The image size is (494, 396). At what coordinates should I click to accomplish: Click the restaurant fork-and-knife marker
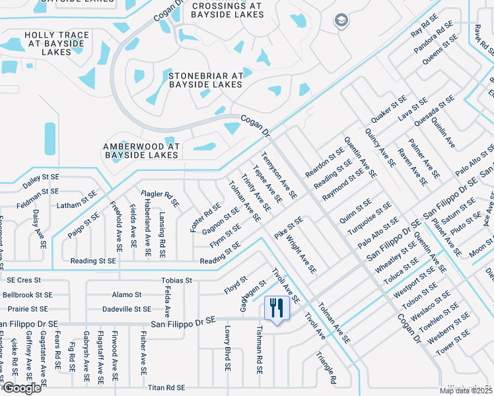point(274,308)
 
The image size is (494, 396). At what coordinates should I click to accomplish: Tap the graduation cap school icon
point(340,20)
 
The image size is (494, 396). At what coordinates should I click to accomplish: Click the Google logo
point(22,388)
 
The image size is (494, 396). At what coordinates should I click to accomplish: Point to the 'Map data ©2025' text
point(465,391)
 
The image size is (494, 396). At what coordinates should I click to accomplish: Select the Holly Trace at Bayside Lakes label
point(57,43)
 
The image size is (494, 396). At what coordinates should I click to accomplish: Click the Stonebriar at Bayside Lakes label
point(206,80)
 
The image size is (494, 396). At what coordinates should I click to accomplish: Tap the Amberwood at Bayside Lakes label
point(141,150)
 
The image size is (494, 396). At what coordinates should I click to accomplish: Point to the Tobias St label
point(176,280)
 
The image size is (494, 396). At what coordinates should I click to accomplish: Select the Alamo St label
point(127,294)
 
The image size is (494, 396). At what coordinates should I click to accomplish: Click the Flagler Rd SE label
point(160,199)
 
